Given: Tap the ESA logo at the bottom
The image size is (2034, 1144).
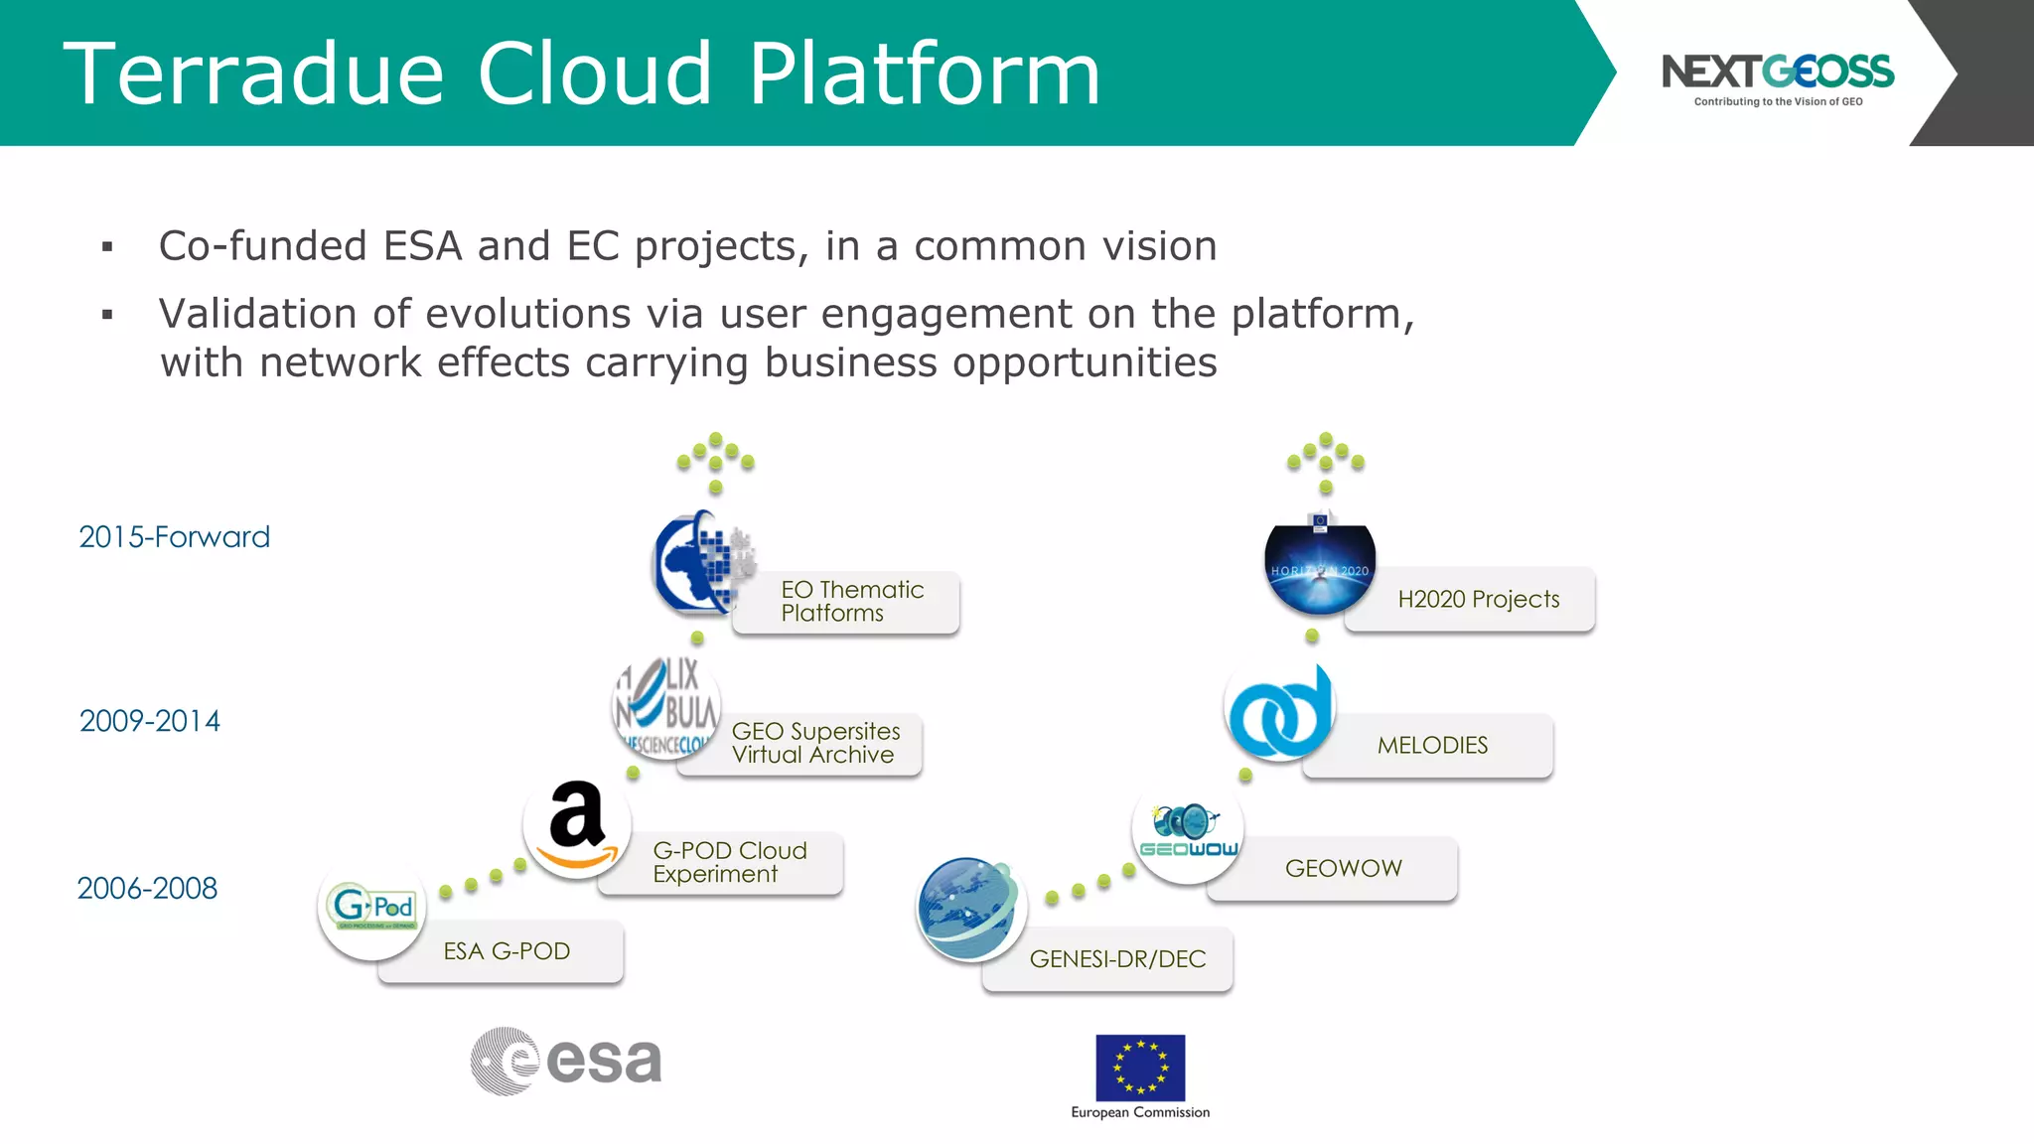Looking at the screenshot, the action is point(566,1061).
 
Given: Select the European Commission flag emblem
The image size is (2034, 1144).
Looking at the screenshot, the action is point(1140,1068).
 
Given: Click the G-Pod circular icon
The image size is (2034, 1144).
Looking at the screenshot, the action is point(372,907).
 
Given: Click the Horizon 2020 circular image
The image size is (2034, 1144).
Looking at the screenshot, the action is point(1320,567).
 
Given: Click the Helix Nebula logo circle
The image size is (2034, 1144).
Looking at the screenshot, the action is point(666,707).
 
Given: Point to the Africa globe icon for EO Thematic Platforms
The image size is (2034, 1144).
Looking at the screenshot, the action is point(701,563).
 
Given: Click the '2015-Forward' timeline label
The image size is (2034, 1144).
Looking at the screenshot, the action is point(174,537).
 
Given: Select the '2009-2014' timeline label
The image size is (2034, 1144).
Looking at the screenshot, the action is point(150,721).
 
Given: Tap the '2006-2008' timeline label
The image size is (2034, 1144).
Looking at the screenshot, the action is point(147,888).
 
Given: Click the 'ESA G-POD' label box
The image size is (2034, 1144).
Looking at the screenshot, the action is point(507,951).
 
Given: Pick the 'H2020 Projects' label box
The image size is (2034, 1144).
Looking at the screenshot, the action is point(1478,599).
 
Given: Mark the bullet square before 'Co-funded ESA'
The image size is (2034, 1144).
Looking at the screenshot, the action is point(107,246).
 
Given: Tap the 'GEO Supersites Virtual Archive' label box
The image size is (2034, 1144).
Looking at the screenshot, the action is point(815,743).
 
